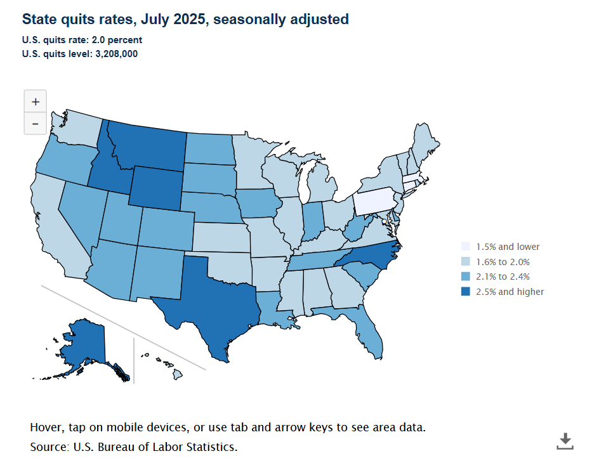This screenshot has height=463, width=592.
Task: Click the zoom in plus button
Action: pos(35,101)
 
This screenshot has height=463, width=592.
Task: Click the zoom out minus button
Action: pos(35,124)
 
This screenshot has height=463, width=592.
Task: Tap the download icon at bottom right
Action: pos(565,441)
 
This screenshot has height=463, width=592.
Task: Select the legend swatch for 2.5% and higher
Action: pos(466,292)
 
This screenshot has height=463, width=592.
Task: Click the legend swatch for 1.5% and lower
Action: pos(466,247)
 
